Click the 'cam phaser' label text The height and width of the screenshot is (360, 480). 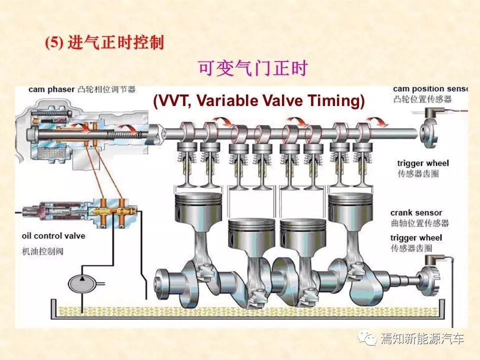51,89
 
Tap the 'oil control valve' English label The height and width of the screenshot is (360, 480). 53,236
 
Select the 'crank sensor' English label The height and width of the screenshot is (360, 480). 416,213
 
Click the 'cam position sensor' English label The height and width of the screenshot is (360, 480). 430,89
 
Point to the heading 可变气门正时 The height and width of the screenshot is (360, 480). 253,68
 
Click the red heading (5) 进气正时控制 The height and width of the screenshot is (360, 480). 104,42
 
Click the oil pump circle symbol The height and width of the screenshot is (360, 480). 82,283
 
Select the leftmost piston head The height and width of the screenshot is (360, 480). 198,204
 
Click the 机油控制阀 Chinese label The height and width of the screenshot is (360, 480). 43,251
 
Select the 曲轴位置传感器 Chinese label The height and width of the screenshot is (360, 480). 419,223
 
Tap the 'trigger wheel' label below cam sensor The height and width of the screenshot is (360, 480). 423,163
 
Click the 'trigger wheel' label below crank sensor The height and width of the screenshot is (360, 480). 416,238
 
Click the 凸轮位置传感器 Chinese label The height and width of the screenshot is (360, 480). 422,99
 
